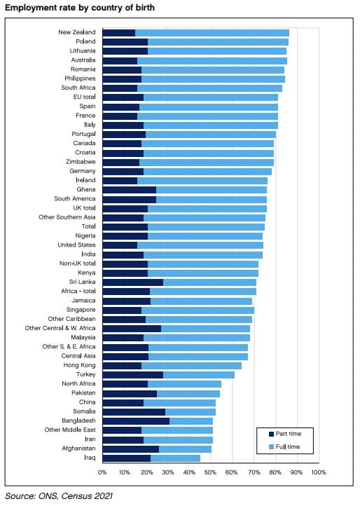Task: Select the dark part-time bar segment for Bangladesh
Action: tap(136, 420)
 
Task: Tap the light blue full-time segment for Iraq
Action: tap(175, 458)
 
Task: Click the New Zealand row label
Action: tap(77, 33)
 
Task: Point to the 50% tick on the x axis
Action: tap(210, 473)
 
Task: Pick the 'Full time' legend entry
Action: tap(285, 446)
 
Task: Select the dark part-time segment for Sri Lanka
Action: tap(132, 282)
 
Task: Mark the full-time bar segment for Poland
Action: tap(218, 42)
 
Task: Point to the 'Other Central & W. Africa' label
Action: tap(60, 328)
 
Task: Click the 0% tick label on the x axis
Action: tap(102, 473)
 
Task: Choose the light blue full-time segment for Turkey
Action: tap(199, 374)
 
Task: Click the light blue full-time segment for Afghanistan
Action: tap(185, 449)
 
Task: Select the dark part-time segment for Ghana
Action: tap(129, 190)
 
